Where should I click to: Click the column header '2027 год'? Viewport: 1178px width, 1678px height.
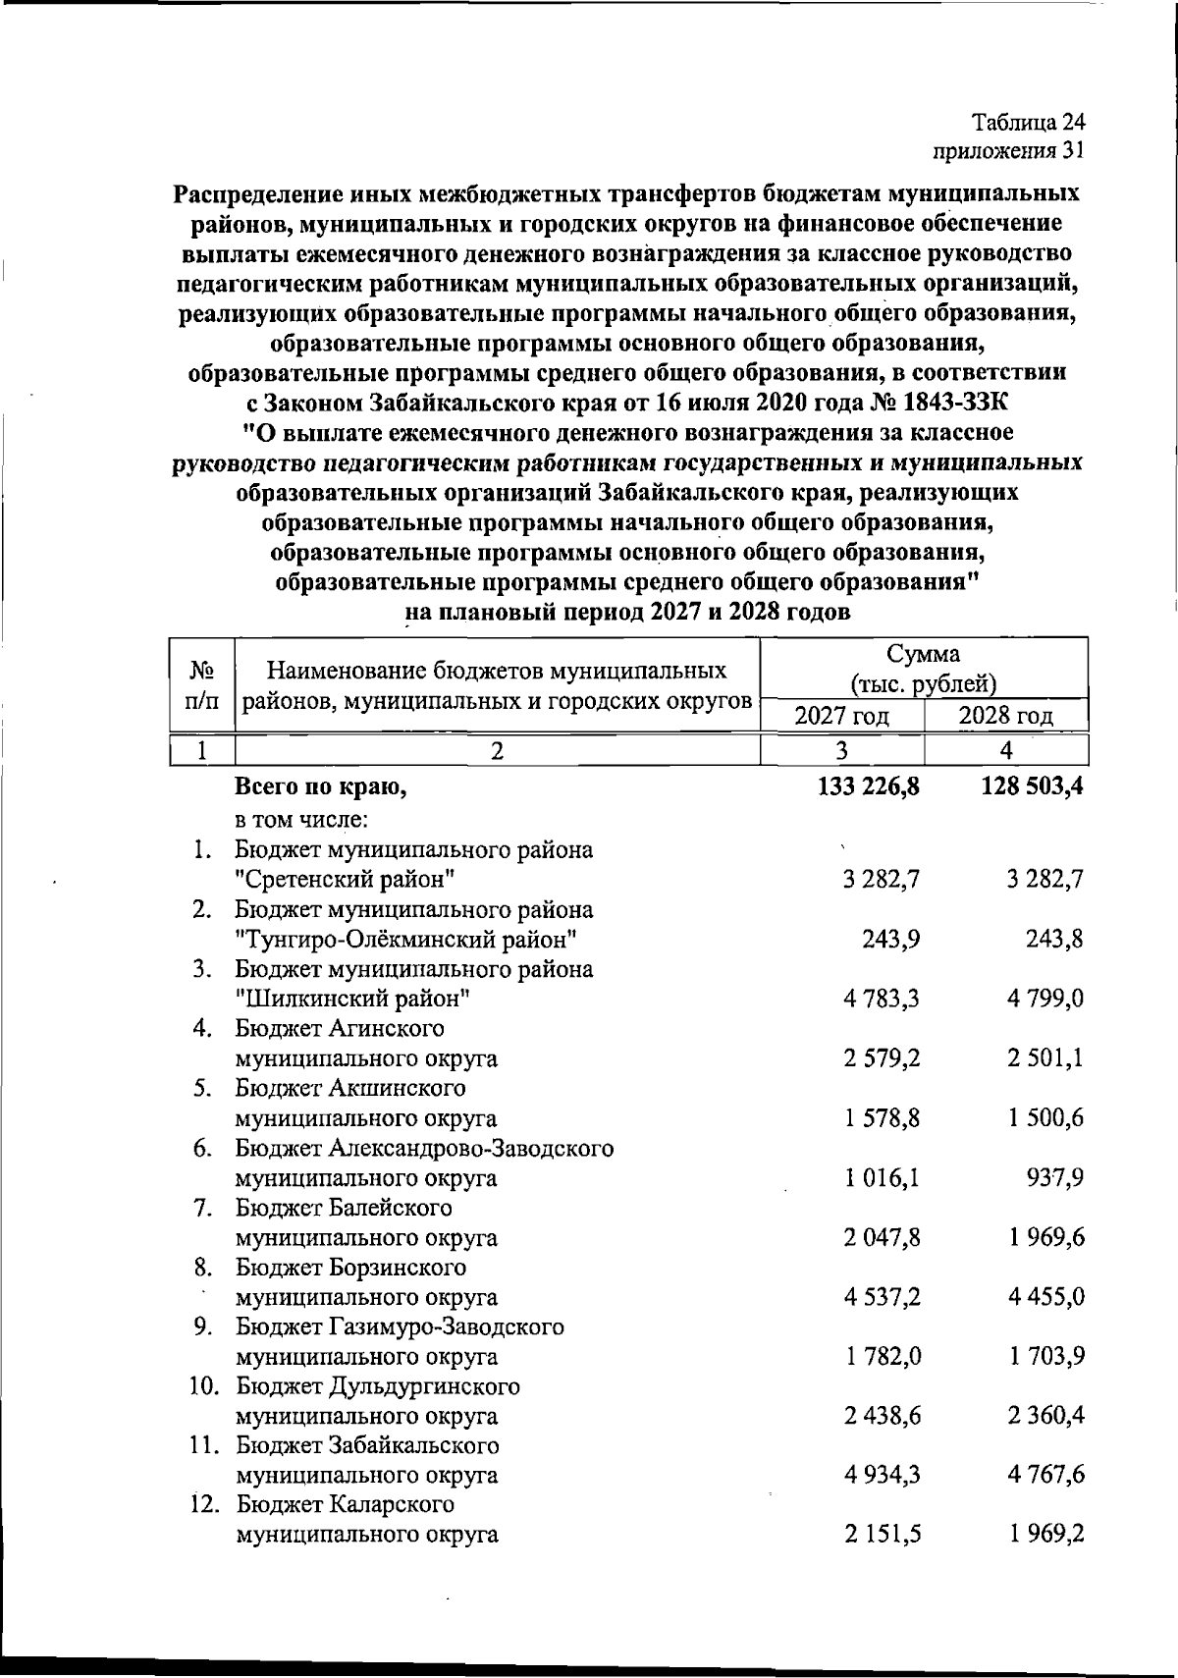842,715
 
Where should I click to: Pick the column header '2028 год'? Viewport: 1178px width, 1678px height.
1006,715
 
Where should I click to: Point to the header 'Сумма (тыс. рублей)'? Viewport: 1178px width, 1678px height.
924,669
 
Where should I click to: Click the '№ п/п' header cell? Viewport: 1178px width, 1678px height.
202,685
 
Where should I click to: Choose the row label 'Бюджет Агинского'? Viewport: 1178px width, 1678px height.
340,1028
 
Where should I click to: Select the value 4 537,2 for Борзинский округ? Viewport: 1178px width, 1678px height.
881,1296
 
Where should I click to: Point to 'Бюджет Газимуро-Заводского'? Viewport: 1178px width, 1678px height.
400,1326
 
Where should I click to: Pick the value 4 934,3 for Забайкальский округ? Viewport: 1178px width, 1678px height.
881,1475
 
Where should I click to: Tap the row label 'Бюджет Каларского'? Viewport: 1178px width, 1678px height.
345,1504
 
